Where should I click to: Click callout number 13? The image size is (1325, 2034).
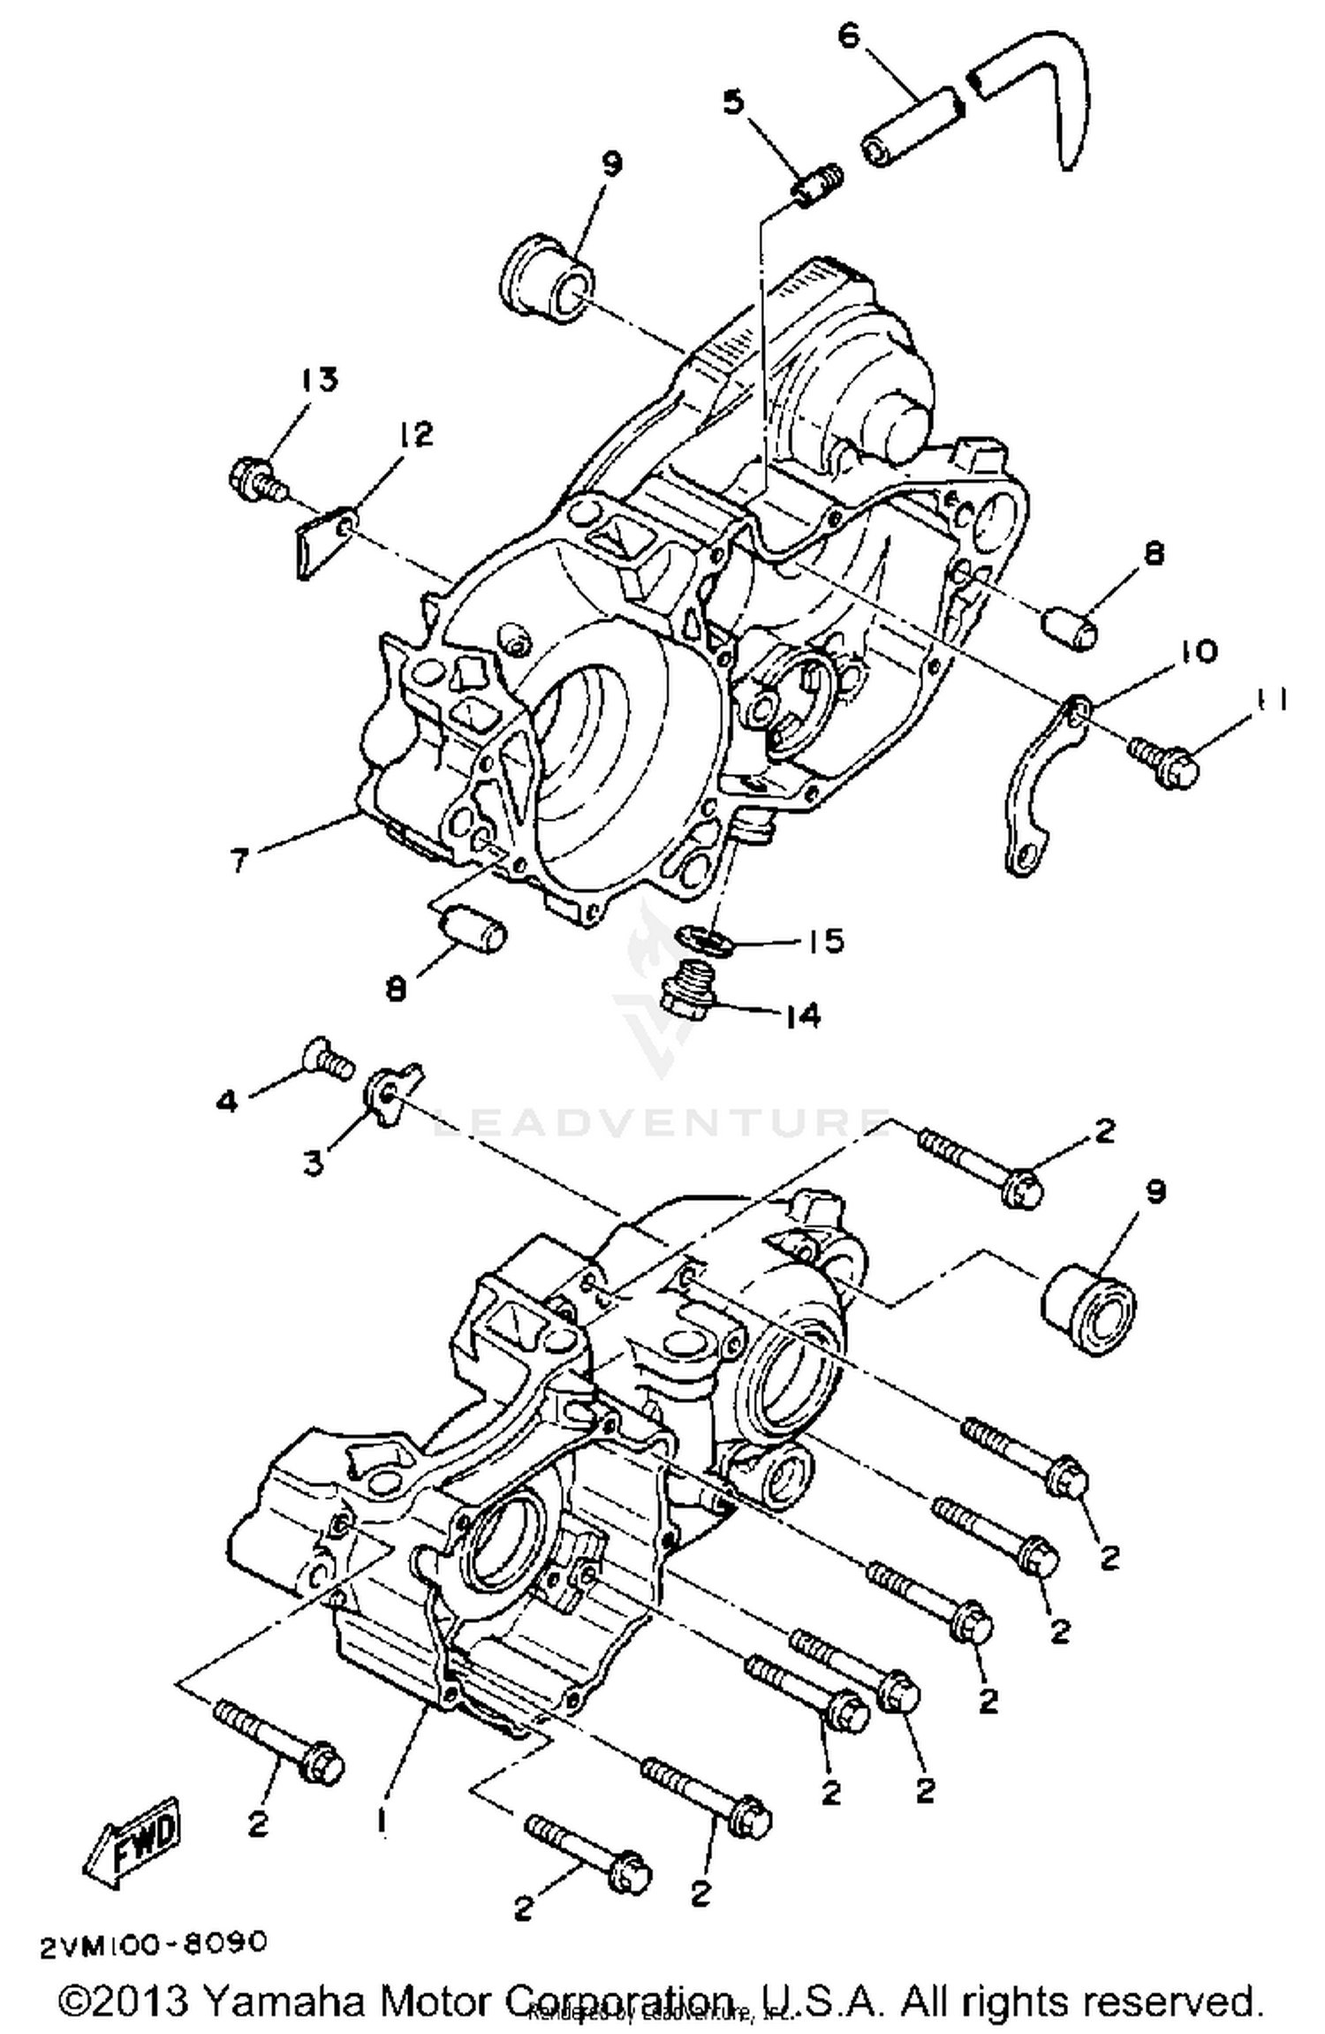317,381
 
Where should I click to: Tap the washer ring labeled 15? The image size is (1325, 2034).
703,938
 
